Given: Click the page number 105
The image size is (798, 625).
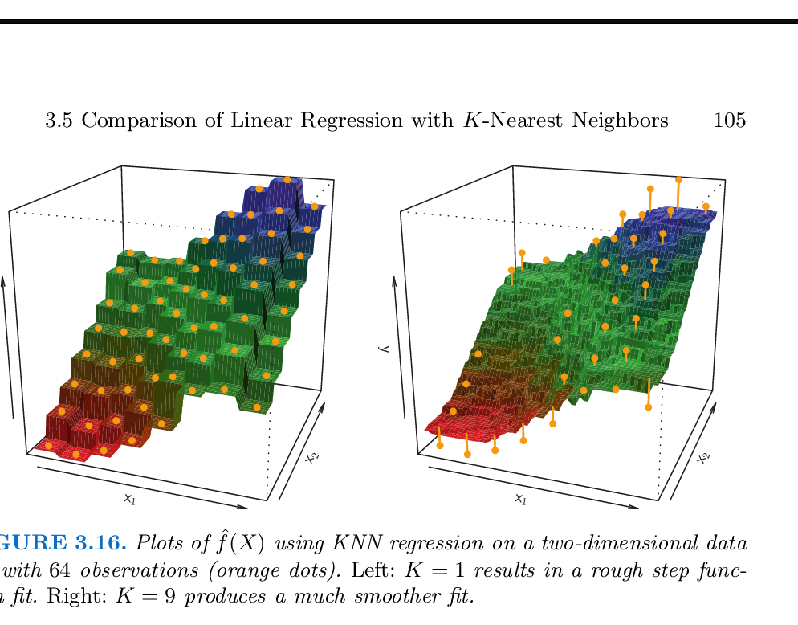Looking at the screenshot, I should point(729,121).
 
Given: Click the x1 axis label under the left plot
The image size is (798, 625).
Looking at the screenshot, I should point(129,498).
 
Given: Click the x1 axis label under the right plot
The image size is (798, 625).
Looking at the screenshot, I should point(520,500).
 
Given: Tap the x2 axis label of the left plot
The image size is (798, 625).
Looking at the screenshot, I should point(312,458).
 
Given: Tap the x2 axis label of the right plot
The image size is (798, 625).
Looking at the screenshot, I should point(704,458).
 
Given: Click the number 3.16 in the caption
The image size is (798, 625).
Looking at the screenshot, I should point(101,544).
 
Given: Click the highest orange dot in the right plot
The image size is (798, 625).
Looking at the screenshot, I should point(678,180).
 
